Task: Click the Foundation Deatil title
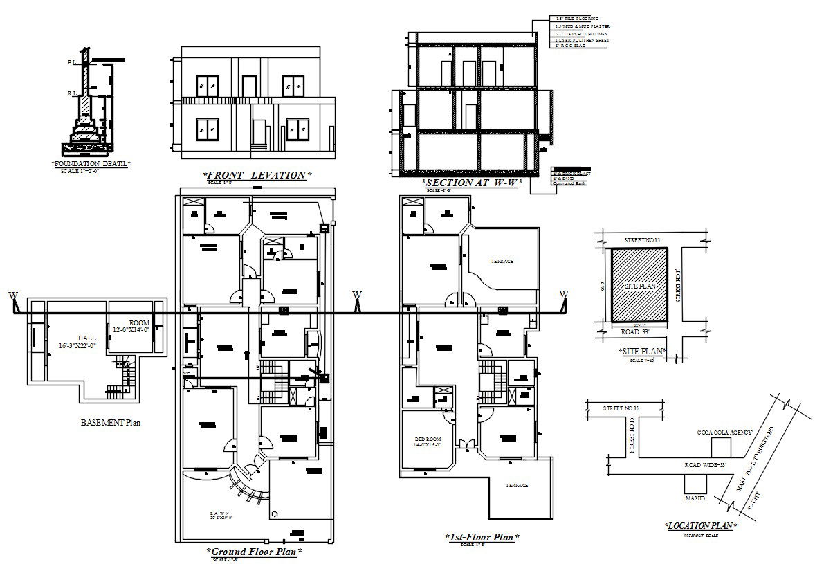91,163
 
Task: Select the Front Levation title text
257,175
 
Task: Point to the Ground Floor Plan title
255,552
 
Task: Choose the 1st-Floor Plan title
482,536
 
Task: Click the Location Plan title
700,526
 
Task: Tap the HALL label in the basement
86,338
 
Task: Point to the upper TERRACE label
502,262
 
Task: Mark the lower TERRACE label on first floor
516,485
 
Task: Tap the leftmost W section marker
12,296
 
